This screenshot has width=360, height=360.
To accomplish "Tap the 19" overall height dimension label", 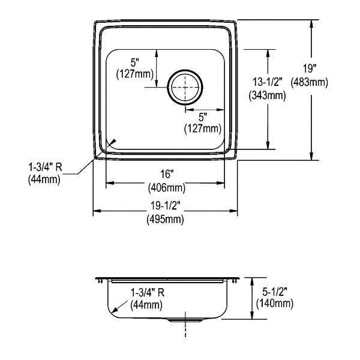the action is pos(309,69).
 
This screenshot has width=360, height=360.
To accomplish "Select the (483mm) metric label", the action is pos(309,82).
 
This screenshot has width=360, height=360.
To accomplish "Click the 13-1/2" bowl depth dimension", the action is pos(268,82).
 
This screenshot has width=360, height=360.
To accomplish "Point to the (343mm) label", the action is pos(268,95).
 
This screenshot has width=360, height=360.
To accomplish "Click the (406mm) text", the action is pos(167,188).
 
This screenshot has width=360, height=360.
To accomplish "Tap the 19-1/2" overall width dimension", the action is pos(165,206).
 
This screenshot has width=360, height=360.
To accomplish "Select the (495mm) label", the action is pos(166,220).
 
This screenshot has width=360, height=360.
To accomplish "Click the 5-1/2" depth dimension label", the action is pos(275,292).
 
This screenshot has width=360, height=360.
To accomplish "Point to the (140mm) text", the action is pos(275,304).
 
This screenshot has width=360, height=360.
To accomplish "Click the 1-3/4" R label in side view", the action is pos(148,293).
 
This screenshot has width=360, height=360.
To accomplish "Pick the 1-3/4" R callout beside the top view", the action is pos(45,167).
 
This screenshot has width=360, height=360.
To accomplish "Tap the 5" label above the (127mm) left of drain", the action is pos(135,62).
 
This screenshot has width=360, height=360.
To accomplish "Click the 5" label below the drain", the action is pos(203,118).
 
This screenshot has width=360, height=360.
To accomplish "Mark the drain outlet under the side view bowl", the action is pos(185,320).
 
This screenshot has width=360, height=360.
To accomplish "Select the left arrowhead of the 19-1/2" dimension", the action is pos(97,211).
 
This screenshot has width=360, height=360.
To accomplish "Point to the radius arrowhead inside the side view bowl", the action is pos(115,310).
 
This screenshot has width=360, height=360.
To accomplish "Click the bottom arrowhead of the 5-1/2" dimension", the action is pos(252,315).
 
